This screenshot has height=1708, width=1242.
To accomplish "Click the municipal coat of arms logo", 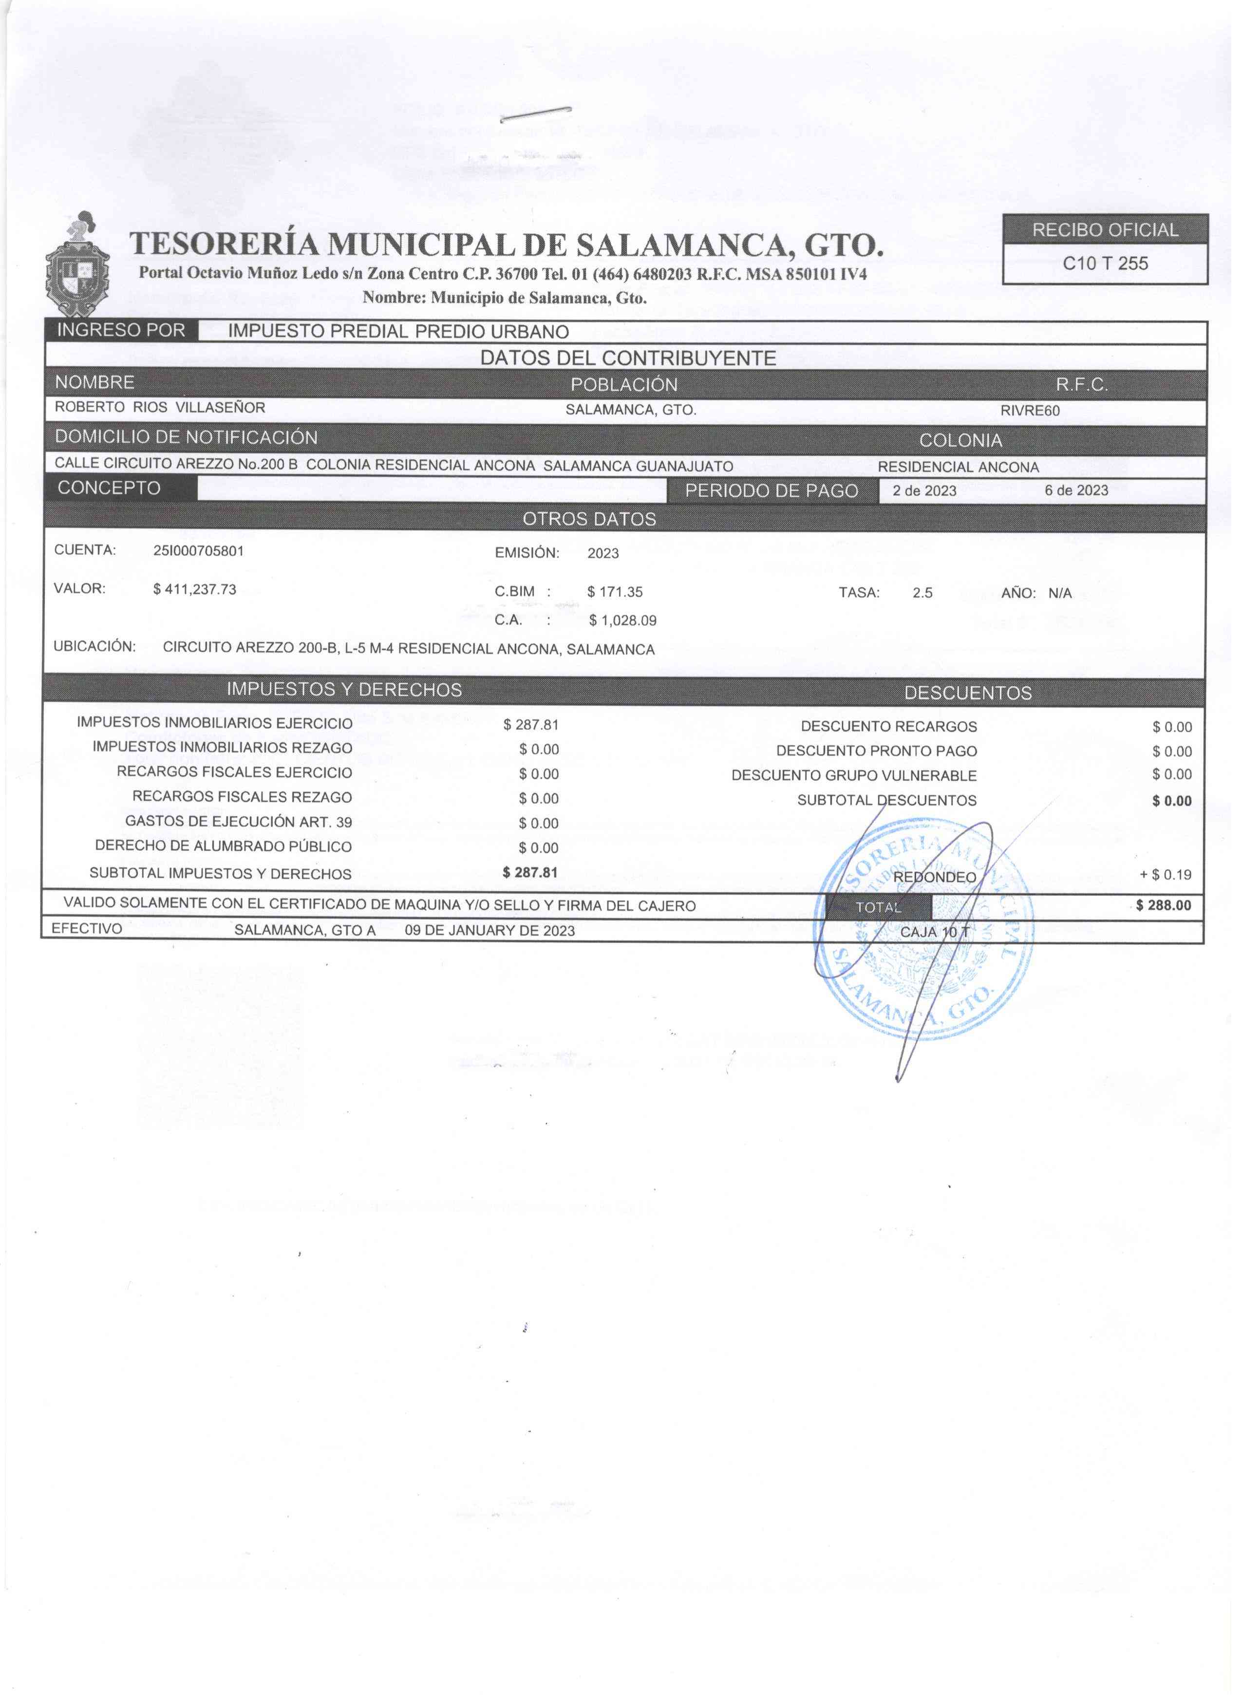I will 77,265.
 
